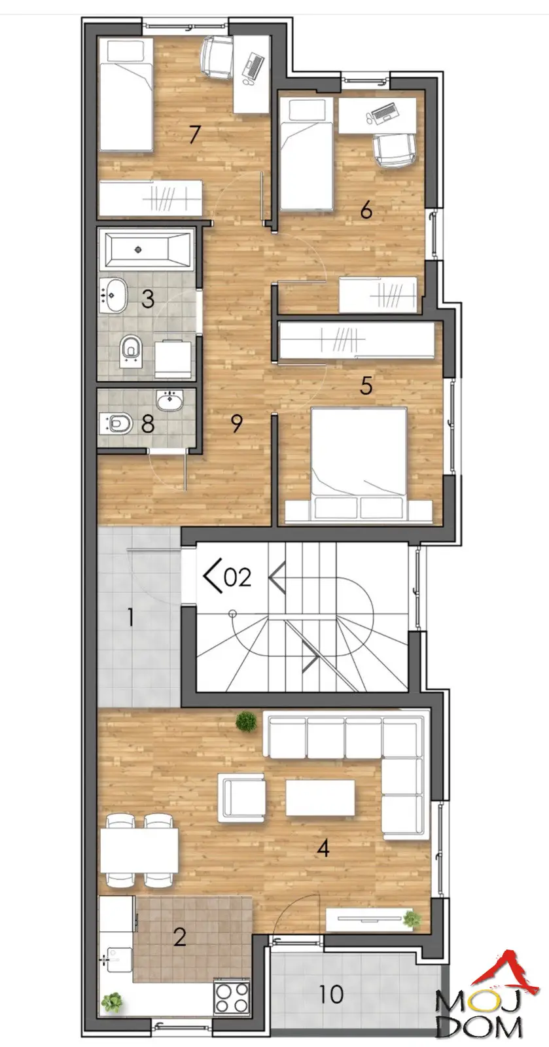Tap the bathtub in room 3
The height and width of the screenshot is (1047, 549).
(x=146, y=249)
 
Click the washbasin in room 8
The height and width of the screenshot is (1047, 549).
(x=169, y=401)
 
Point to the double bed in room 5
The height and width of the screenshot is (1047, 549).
(x=359, y=465)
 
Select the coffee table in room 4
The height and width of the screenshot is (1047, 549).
(x=320, y=797)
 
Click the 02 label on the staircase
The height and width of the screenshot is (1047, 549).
(x=238, y=577)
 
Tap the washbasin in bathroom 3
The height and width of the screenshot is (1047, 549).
(x=113, y=295)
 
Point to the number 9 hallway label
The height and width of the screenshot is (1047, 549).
(x=237, y=423)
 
